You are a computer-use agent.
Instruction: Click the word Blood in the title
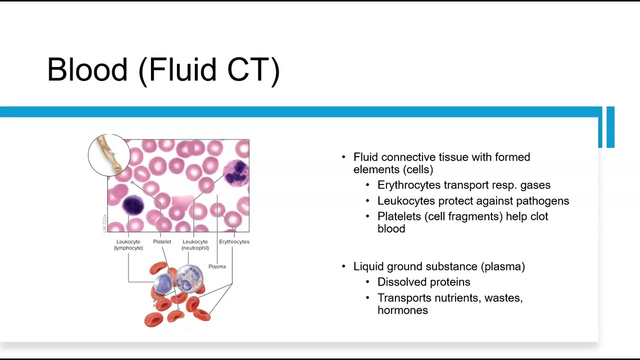click(87, 69)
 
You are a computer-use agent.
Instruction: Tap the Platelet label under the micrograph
click(162, 242)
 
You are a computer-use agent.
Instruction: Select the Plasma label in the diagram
click(217, 266)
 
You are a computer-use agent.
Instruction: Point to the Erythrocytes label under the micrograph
click(234, 242)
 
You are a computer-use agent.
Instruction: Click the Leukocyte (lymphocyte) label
click(128, 244)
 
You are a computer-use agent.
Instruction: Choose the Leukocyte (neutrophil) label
click(195, 244)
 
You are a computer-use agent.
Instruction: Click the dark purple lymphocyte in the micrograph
click(133, 205)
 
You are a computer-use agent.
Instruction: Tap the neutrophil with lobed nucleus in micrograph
click(235, 172)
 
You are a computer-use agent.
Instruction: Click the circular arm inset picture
click(109, 155)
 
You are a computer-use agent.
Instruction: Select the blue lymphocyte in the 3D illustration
click(163, 283)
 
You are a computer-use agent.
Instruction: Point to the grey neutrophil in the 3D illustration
click(189, 278)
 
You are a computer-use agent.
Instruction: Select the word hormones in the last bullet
click(402, 310)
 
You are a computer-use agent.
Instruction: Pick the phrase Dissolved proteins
click(423, 282)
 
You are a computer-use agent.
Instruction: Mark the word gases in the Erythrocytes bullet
click(535, 185)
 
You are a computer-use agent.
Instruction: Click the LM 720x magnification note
click(104, 223)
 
